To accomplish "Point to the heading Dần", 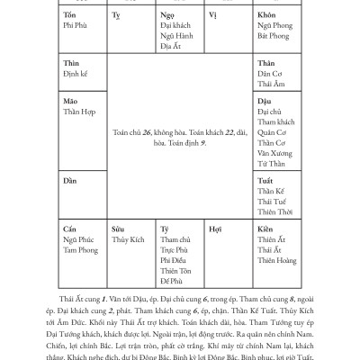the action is [71, 181].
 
